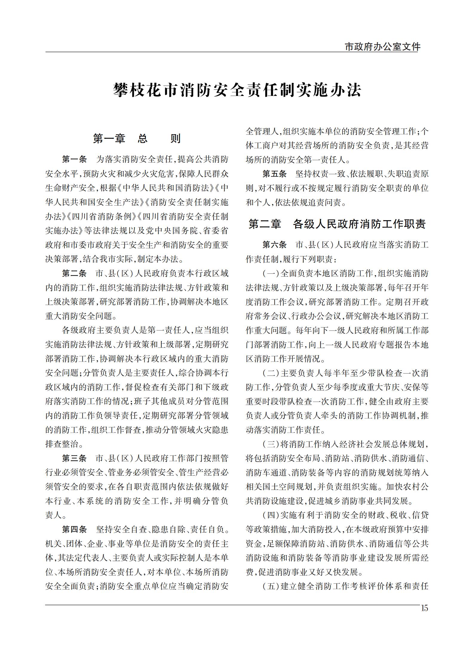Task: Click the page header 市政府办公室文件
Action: point(382,47)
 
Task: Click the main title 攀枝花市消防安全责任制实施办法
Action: point(237,90)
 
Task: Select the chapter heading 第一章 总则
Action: point(137,139)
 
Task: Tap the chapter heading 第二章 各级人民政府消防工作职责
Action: point(337,224)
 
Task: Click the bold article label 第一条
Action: point(74,159)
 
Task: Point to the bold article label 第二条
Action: point(74,273)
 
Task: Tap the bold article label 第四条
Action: point(74,530)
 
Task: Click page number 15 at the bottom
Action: point(424,608)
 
